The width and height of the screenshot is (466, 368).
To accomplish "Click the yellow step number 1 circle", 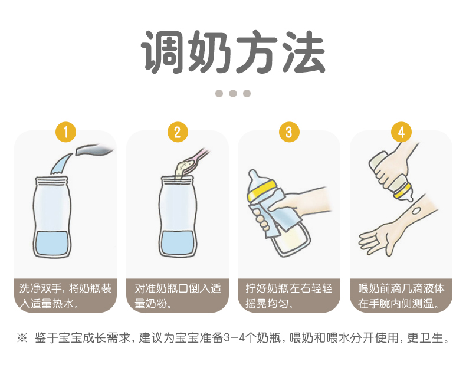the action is coord(65,132).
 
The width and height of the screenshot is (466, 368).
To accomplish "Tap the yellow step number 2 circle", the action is coord(178,132).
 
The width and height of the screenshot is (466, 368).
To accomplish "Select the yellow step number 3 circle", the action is coord(289,132).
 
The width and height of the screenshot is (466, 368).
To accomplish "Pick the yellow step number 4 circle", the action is coord(401,132).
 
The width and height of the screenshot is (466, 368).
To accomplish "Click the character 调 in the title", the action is coord(163,52).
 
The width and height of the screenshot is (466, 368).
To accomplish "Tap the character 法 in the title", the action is coord(303,52).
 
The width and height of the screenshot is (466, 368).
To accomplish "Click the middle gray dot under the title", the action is coord(233,93).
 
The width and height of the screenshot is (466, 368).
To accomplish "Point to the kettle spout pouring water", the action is coord(94,150).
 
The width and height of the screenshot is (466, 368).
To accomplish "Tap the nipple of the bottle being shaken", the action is coord(254,176).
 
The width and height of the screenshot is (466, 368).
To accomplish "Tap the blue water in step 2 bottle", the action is coord(178,243).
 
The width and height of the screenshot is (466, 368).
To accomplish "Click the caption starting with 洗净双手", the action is coord(65,296).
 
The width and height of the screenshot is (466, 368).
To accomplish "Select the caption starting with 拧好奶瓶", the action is coord(288,296).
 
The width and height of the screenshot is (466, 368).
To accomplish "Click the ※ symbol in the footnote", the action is coord(22,338).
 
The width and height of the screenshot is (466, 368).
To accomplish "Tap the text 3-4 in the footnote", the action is coord(234,338).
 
